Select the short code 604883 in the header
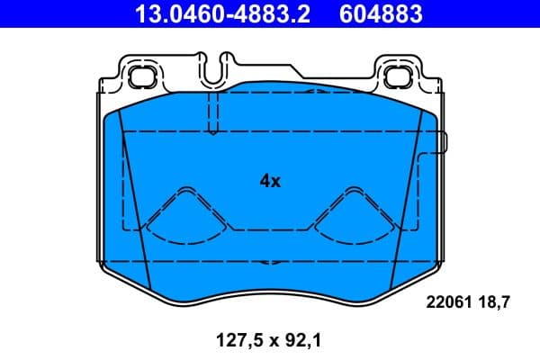click(379, 14)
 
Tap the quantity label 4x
click(270, 181)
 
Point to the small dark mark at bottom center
click(268, 264)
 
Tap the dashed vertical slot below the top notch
click(212, 112)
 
